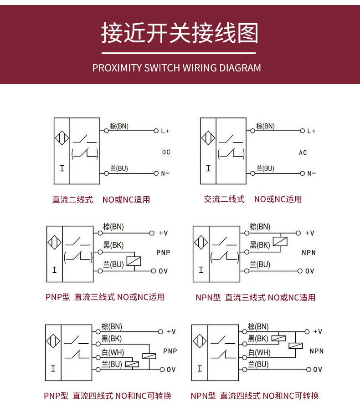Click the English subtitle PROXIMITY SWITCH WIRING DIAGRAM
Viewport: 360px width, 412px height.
coord(177,68)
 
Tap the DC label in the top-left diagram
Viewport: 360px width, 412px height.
coord(166,152)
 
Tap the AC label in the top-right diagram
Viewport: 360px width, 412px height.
coord(303,153)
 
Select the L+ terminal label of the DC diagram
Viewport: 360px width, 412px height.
coord(165,131)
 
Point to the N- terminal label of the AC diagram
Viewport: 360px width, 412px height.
coord(311,173)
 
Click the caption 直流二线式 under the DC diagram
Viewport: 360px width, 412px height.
coord(72,199)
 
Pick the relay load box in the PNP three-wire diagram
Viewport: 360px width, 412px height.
coord(134,261)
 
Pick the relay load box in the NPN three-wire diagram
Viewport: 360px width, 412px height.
coord(280,242)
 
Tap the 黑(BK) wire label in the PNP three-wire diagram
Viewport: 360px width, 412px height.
coord(113,245)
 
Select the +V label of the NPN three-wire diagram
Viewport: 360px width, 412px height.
coord(309,233)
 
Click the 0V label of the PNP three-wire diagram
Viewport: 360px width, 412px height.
coord(163,271)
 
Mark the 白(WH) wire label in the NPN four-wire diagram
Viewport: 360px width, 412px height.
coord(259,352)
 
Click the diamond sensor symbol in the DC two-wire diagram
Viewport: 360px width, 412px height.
coord(62,138)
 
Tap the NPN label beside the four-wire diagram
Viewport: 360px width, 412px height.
coord(316,351)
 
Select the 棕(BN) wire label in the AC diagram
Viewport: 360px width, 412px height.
coord(265,126)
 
